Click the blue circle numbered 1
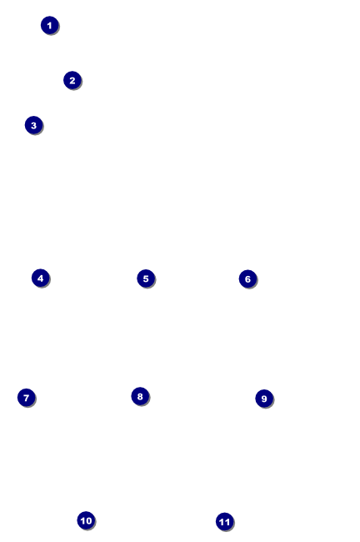[x=50, y=25]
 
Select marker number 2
[x=72, y=80]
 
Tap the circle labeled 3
[x=34, y=125]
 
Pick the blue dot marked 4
[x=41, y=278]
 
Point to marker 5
[x=146, y=279]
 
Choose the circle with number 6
[x=247, y=279]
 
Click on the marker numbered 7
[x=27, y=398]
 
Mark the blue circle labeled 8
[x=140, y=396]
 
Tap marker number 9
[x=264, y=399]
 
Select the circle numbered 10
[x=86, y=520]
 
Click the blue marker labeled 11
[x=225, y=522]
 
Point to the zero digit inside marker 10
[x=88, y=520]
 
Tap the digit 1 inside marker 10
[x=83, y=520]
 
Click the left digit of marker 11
[x=222, y=522]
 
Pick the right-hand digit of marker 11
[x=227, y=522]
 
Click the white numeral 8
[x=140, y=396]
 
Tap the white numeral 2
[x=72, y=80]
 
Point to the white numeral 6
[x=247, y=279]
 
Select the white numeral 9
[x=264, y=399]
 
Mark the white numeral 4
[x=41, y=278]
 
